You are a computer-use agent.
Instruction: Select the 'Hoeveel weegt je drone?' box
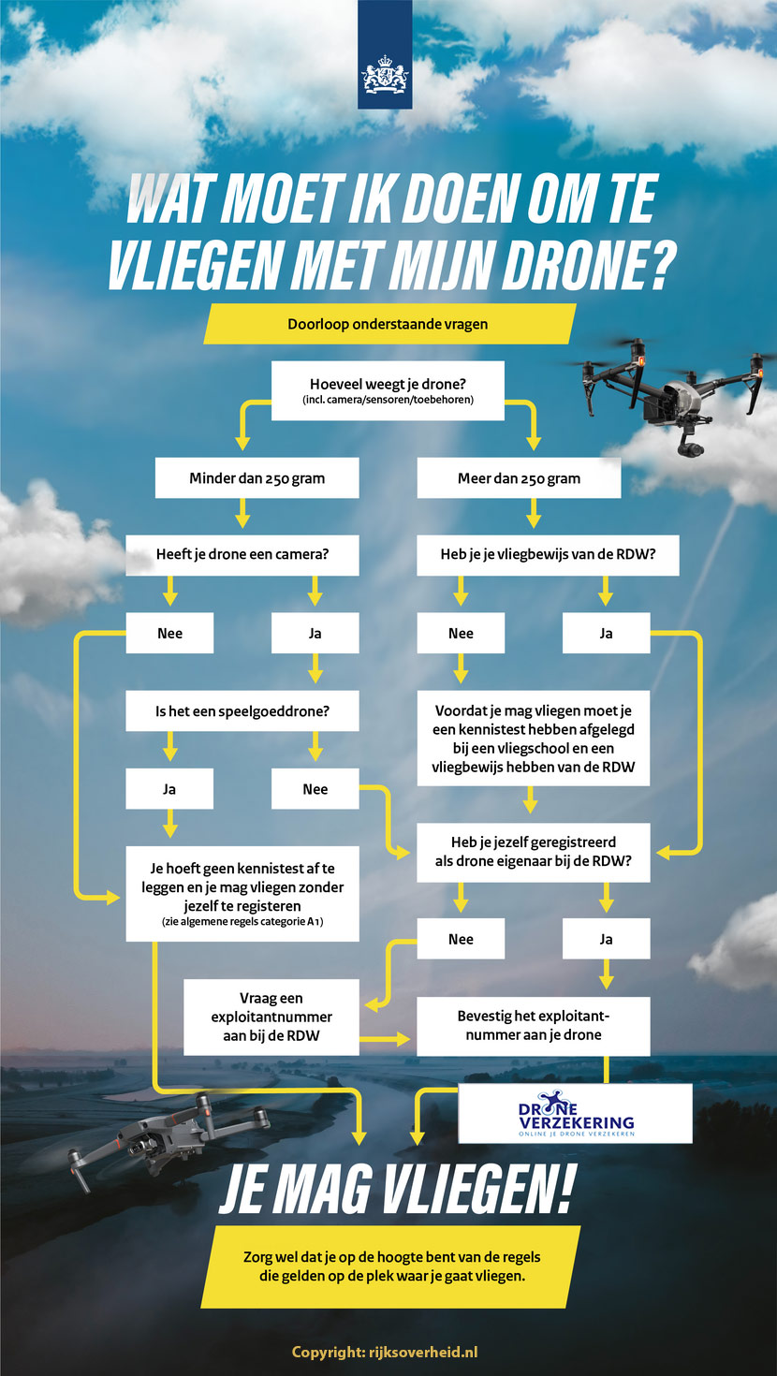coord(388,390)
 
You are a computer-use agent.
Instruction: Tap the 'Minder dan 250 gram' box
coord(257,478)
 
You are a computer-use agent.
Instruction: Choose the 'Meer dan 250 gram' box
coord(519,478)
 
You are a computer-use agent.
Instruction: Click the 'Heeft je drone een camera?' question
coord(242,554)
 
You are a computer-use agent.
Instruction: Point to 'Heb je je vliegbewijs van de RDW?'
coord(548,554)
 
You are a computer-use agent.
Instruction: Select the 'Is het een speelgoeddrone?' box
coord(242,711)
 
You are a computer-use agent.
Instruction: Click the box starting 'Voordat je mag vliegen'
coord(533,739)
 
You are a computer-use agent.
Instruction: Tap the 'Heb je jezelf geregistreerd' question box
coord(533,852)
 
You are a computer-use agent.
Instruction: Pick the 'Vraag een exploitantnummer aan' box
coord(271,1017)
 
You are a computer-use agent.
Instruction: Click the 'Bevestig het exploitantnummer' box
coord(533,1025)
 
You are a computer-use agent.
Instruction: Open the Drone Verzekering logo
coord(575,1114)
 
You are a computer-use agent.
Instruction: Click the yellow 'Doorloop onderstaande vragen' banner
coord(388,325)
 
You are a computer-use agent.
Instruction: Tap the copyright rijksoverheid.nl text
coord(385,1352)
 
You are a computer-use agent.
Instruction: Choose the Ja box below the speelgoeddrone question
coord(169,789)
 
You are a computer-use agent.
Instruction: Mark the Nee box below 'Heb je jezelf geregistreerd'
coord(461,939)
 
